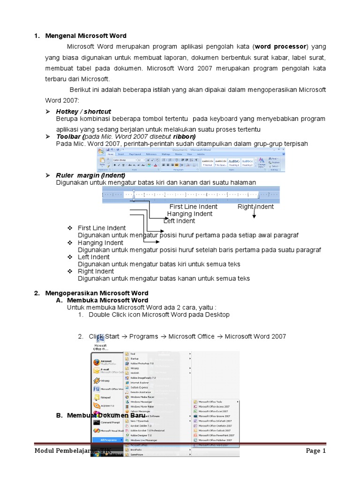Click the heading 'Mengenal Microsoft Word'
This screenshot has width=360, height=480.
[x=86, y=36]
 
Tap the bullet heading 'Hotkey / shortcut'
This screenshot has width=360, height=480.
[x=83, y=112]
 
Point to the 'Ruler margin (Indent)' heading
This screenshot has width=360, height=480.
[x=90, y=175]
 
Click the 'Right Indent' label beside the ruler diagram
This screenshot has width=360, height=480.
[x=255, y=207]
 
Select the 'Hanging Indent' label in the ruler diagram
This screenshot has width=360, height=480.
[x=190, y=214]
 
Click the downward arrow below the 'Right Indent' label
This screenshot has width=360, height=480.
[x=254, y=214]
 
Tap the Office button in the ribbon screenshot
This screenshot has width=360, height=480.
[x=101, y=151]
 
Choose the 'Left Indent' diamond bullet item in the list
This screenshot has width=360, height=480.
[x=94, y=257]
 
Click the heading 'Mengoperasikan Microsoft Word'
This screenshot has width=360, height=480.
[x=97, y=293]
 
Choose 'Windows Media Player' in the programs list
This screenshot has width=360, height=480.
[x=142, y=397]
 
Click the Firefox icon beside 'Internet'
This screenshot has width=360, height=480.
[x=97, y=362]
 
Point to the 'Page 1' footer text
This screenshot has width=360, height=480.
[x=315, y=451]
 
